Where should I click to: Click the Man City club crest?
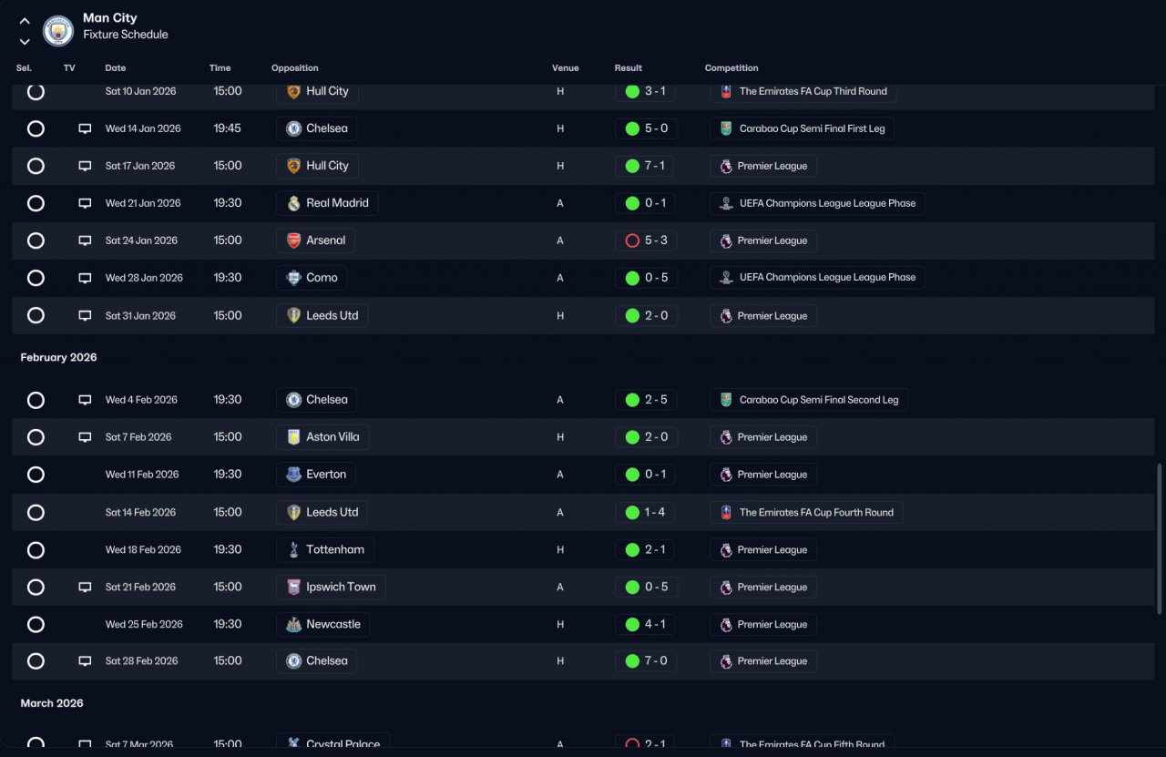[57, 31]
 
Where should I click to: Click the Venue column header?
[566, 67]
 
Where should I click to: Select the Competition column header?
[731, 67]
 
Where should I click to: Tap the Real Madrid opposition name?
[337, 203]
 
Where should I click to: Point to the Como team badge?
[293, 278]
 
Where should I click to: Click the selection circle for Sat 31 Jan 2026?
[36, 315]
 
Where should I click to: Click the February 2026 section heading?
[58, 357]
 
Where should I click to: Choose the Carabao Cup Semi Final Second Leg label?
[819, 400]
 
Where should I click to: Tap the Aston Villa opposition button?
[322, 437]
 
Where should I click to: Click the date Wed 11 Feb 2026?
[141, 475]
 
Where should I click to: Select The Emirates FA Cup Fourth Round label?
[816, 512]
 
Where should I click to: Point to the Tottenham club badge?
[293, 550]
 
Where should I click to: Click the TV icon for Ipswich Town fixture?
[85, 588]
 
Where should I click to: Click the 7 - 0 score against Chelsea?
[656, 661]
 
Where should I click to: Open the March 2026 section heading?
[52, 703]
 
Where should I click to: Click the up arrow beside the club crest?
[25, 21]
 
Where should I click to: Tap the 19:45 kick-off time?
[227, 128]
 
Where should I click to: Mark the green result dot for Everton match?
[632, 475]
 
